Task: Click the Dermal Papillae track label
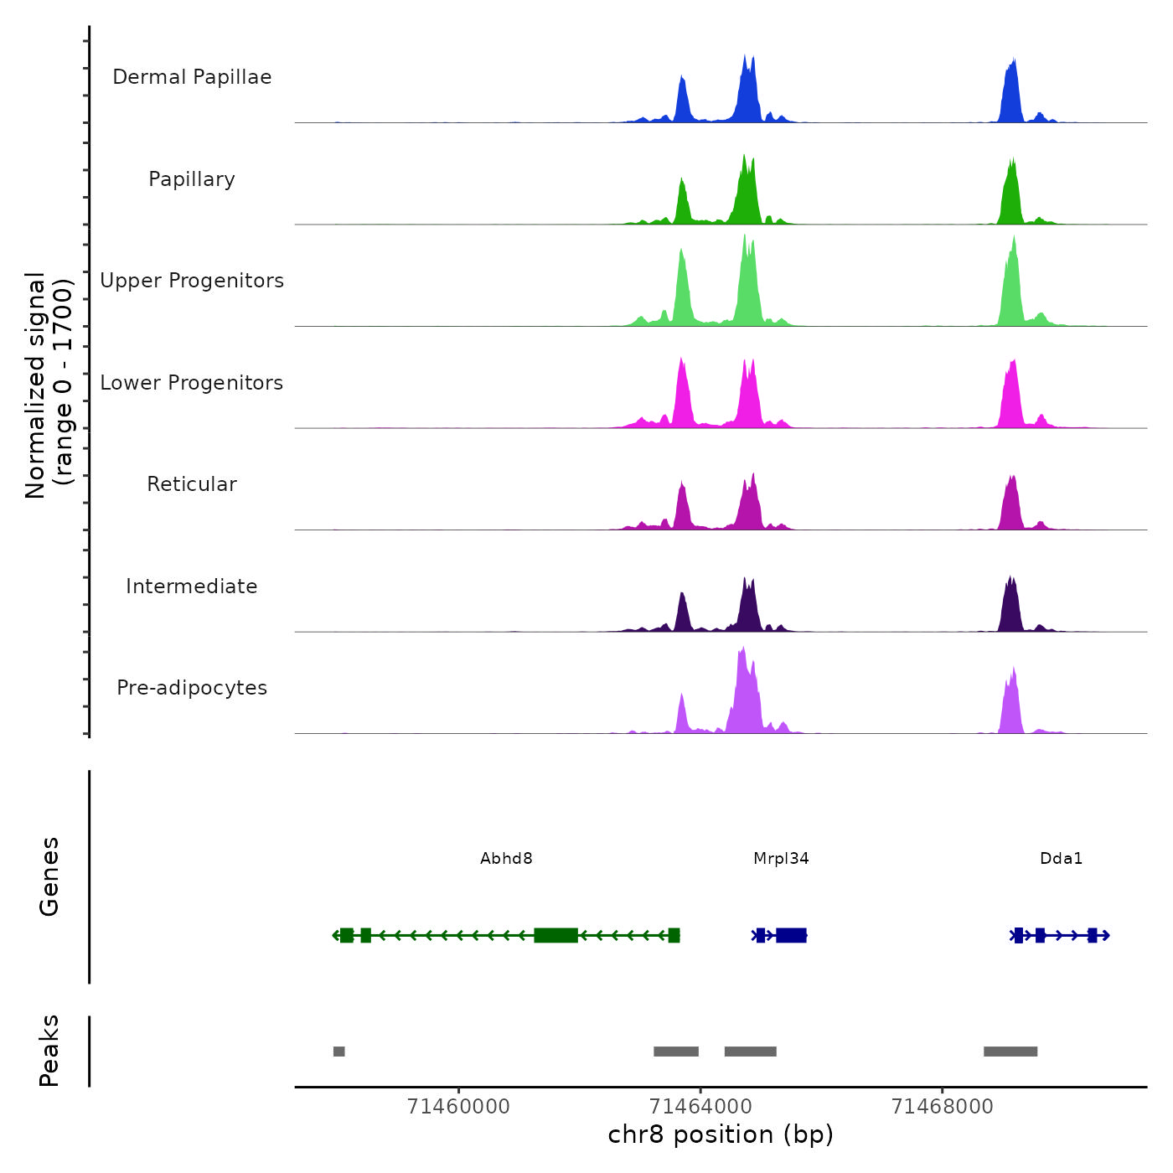coord(192,77)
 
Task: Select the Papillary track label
coord(192,179)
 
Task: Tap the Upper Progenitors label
coord(192,281)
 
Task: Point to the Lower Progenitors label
coord(192,383)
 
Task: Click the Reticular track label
coord(192,484)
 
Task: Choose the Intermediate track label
coord(192,586)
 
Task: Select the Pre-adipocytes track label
coord(192,688)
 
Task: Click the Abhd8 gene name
coord(506,858)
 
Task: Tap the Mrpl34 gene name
coord(781,858)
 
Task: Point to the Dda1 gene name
coord(1061,858)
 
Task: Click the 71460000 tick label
coord(458,1107)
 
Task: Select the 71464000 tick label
coord(700,1107)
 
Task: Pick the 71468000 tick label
coord(942,1107)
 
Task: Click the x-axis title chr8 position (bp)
coord(721,1134)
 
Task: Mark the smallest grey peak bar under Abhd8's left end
coord(338,1052)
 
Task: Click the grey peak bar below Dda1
coord(1010,1052)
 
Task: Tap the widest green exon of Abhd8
coord(555,935)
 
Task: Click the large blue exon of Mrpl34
coord(791,935)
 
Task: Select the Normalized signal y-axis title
coord(49,385)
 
